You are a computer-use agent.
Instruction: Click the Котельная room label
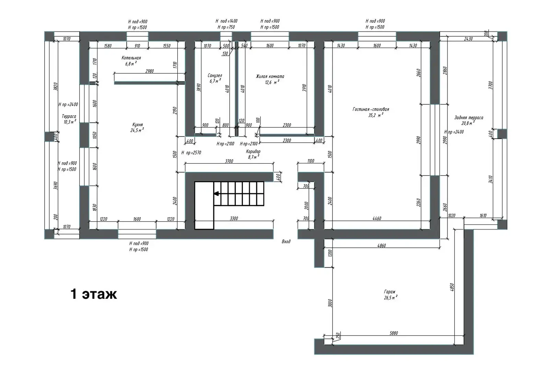click(x=131, y=58)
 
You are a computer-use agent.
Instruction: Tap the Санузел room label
click(x=215, y=75)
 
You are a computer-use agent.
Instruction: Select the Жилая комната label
click(x=270, y=77)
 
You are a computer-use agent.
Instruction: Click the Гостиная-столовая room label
click(x=371, y=109)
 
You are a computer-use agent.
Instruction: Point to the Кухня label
click(x=137, y=125)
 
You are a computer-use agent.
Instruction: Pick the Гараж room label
click(x=390, y=292)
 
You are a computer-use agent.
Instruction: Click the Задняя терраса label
click(x=468, y=118)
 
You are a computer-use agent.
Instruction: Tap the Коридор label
click(x=253, y=151)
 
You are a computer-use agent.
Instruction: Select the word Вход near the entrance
click(x=286, y=242)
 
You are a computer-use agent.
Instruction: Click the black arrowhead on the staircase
click(x=216, y=194)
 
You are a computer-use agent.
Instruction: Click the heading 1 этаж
click(x=94, y=294)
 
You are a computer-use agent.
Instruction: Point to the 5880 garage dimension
click(x=394, y=333)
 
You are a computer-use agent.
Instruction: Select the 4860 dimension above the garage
click(x=381, y=246)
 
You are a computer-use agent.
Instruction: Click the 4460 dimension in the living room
click(x=376, y=219)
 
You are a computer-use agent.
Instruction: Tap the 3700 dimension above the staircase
click(x=229, y=161)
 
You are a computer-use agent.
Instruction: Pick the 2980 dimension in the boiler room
click(x=150, y=71)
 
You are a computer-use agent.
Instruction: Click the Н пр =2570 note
click(x=191, y=153)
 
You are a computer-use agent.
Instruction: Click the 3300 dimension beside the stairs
click(x=234, y=219)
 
